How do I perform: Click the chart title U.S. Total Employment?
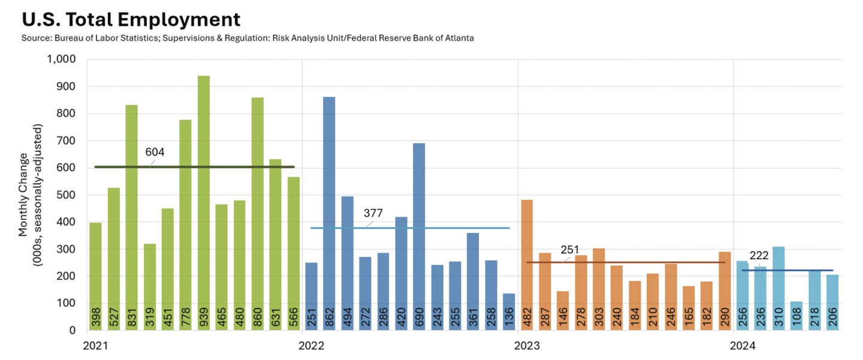click(131, 19)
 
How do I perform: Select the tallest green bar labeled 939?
click(204, 204)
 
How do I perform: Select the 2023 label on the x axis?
click(528, 346)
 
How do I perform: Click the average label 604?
click(155, 152)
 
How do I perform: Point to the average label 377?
click(373, 213)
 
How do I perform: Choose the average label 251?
click(570, 249)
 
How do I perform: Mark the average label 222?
click(759, 256)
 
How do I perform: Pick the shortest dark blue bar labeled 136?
click(509, 311)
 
